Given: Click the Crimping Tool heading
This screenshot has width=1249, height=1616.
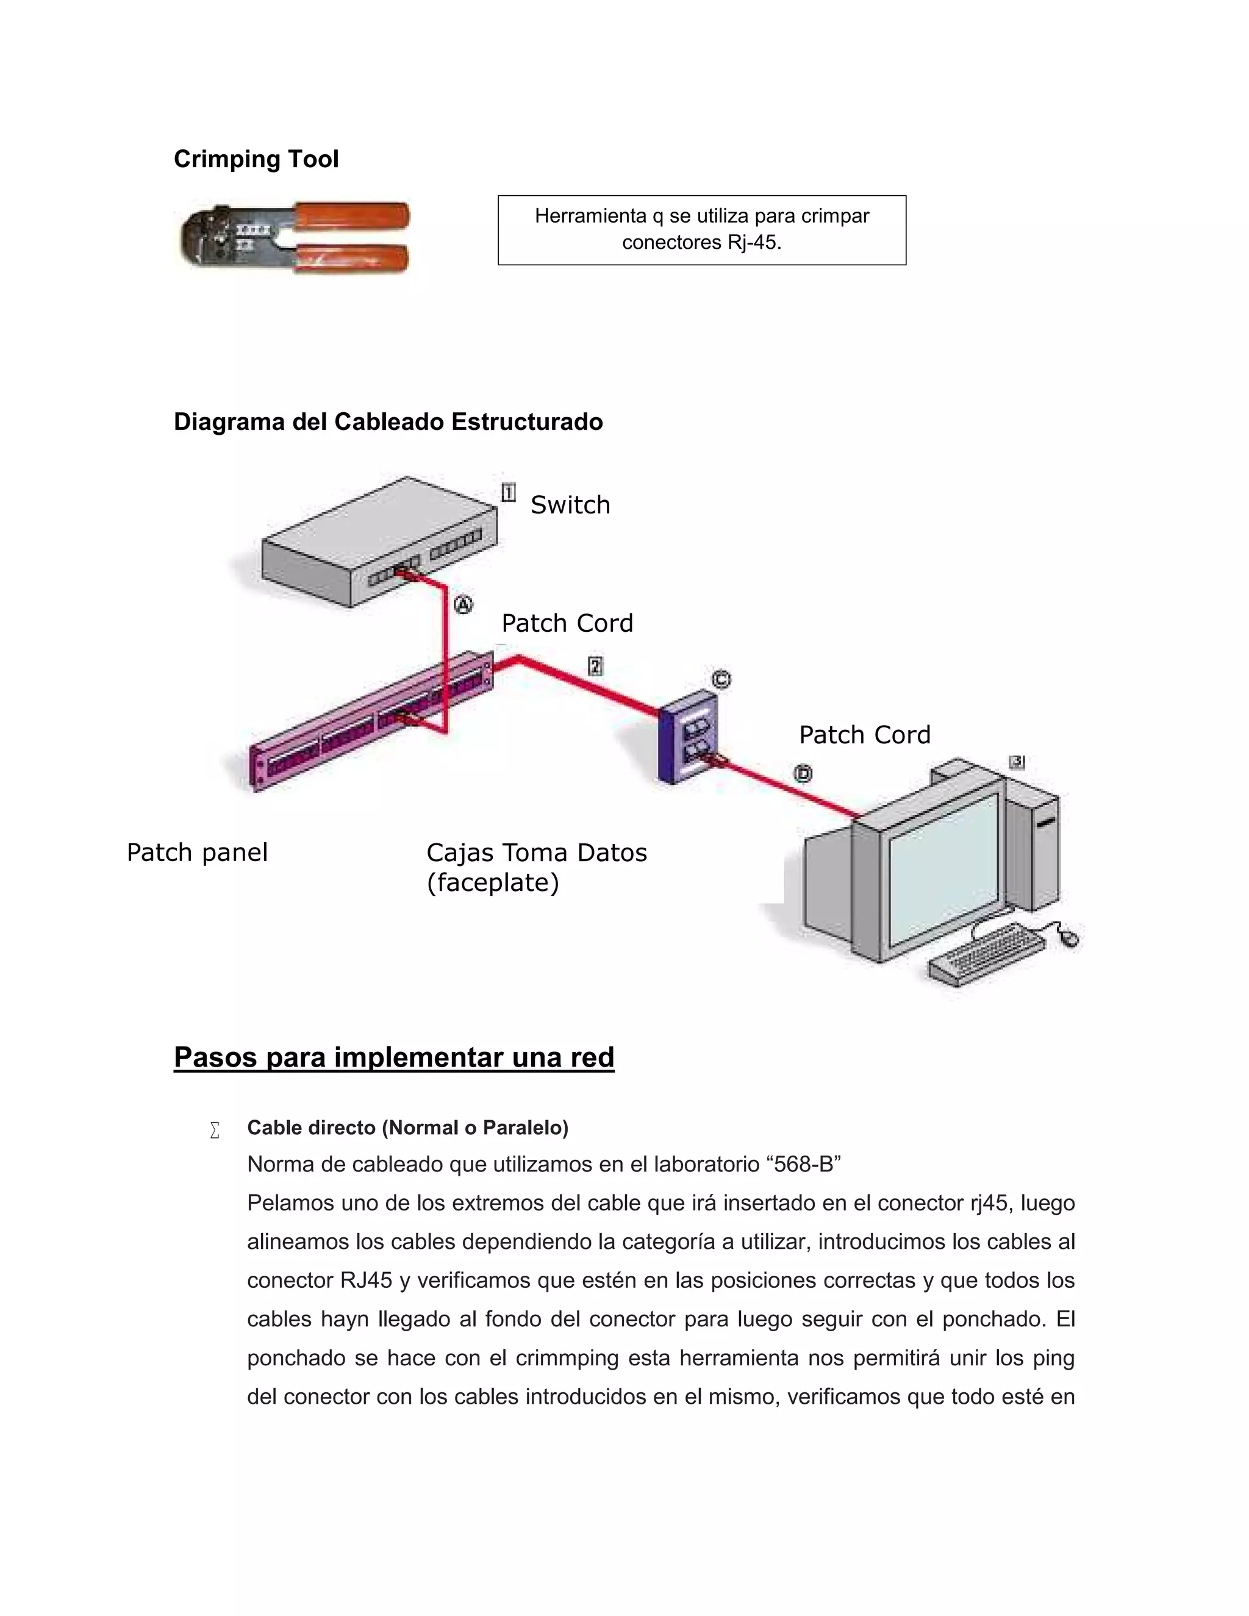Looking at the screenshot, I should coord(256,159).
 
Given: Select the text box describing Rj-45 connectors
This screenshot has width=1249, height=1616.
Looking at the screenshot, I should coord(701,230).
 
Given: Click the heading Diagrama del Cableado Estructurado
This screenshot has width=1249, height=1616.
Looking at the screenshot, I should coord(388,422).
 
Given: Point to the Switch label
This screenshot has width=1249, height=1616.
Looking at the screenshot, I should coord(570,506).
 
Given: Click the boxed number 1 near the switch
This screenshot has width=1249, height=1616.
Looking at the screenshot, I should coord(509,493).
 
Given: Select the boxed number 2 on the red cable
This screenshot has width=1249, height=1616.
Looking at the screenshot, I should coord(595,667).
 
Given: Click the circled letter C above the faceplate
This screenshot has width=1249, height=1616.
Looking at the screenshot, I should coord(721,679).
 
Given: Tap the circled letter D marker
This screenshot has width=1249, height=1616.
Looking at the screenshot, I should coord(803,774).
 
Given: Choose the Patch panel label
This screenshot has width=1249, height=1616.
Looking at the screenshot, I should coord(197,853).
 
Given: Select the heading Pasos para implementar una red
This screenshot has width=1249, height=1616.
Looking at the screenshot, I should coord(393,1057).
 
